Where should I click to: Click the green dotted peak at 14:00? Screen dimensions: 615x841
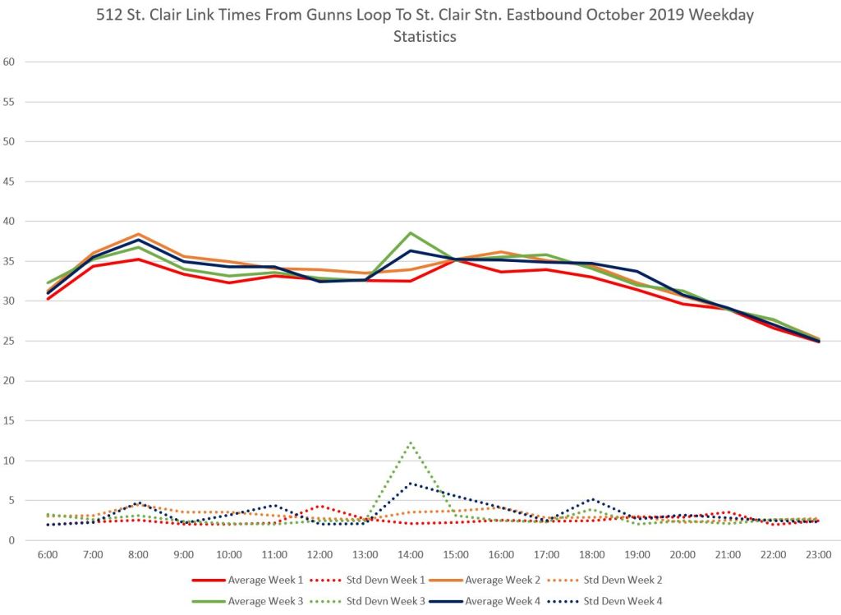coord(410,442)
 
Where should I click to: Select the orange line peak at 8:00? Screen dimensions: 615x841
coord(138,234)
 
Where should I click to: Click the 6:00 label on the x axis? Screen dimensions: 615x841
coord(48,556)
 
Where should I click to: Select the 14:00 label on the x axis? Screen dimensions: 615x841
coord(410,556)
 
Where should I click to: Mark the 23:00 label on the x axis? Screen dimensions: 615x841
coord(818,556)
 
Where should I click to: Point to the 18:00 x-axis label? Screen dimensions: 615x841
coord(591,556)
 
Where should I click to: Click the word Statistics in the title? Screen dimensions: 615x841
coord(425,37)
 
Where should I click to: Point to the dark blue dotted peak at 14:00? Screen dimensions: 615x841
coord(410,484)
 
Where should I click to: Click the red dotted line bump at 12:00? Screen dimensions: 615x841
coord(320,506)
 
